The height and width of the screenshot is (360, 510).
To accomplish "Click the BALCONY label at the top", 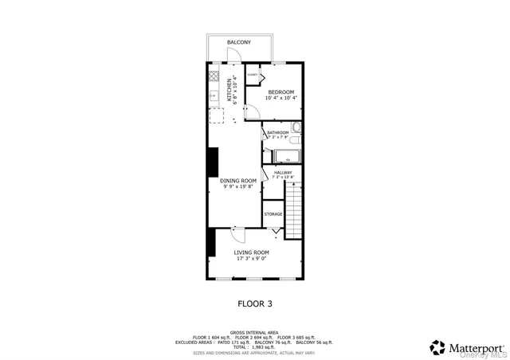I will click(x=238, y=42).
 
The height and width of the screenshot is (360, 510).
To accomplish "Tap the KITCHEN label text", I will click(x=231, y=89).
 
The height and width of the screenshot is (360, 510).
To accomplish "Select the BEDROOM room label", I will click(x=280, y=92).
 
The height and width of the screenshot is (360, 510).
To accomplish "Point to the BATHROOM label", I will click(x=277, y=132).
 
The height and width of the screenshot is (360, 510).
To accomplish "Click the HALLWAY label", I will click(x=283, y=172).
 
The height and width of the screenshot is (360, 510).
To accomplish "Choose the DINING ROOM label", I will click(x=238, y=181).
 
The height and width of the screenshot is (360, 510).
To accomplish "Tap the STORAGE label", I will click(x=273, y=214).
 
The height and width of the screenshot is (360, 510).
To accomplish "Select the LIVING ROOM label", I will click(x=250, y=252).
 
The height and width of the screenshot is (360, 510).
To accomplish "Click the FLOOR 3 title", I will click(x=255, y=303).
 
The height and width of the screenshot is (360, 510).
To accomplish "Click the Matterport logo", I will click(x=466, y=347).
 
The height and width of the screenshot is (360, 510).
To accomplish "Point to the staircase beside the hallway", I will click(x=296, y=209).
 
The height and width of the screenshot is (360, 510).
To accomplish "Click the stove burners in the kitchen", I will click(x=213, y=77).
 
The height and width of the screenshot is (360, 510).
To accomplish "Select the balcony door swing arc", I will click(x=234, y=55).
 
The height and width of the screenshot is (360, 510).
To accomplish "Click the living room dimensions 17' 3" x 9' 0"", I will click(x=250, y=259).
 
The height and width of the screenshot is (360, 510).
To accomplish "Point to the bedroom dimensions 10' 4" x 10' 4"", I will click(x=280, y=99).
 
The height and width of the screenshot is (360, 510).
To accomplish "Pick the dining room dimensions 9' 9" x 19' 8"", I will click(x=238, y=187).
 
